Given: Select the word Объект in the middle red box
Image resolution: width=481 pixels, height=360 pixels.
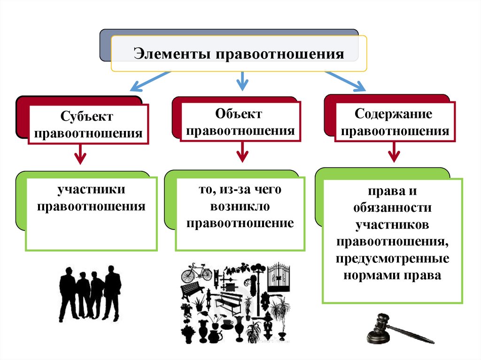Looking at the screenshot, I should pos(239,114).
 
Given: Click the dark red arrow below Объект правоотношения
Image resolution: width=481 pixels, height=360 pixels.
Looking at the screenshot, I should pos(241,152).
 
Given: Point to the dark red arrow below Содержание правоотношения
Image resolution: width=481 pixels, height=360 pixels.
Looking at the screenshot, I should pos(393,153).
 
